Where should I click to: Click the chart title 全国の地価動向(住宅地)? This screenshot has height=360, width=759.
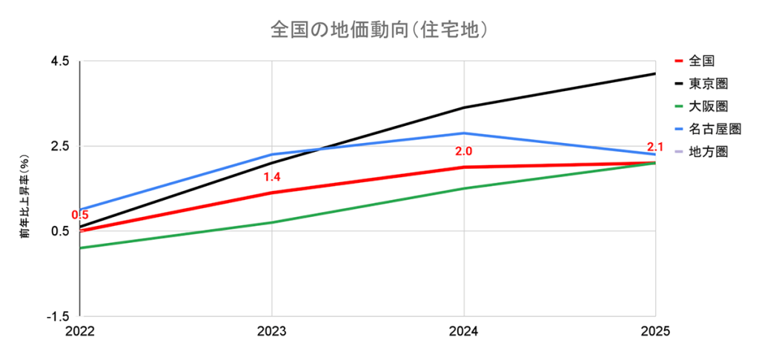379,30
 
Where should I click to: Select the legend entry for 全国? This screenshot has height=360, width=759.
701,60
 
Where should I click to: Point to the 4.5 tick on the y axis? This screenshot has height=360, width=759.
59,61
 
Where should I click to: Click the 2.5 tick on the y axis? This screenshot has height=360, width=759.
59,146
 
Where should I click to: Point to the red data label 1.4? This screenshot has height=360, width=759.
272,178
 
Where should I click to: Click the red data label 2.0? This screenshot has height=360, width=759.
464,152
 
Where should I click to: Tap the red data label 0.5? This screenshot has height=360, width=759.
80,216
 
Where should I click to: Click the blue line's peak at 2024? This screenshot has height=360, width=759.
464,133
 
